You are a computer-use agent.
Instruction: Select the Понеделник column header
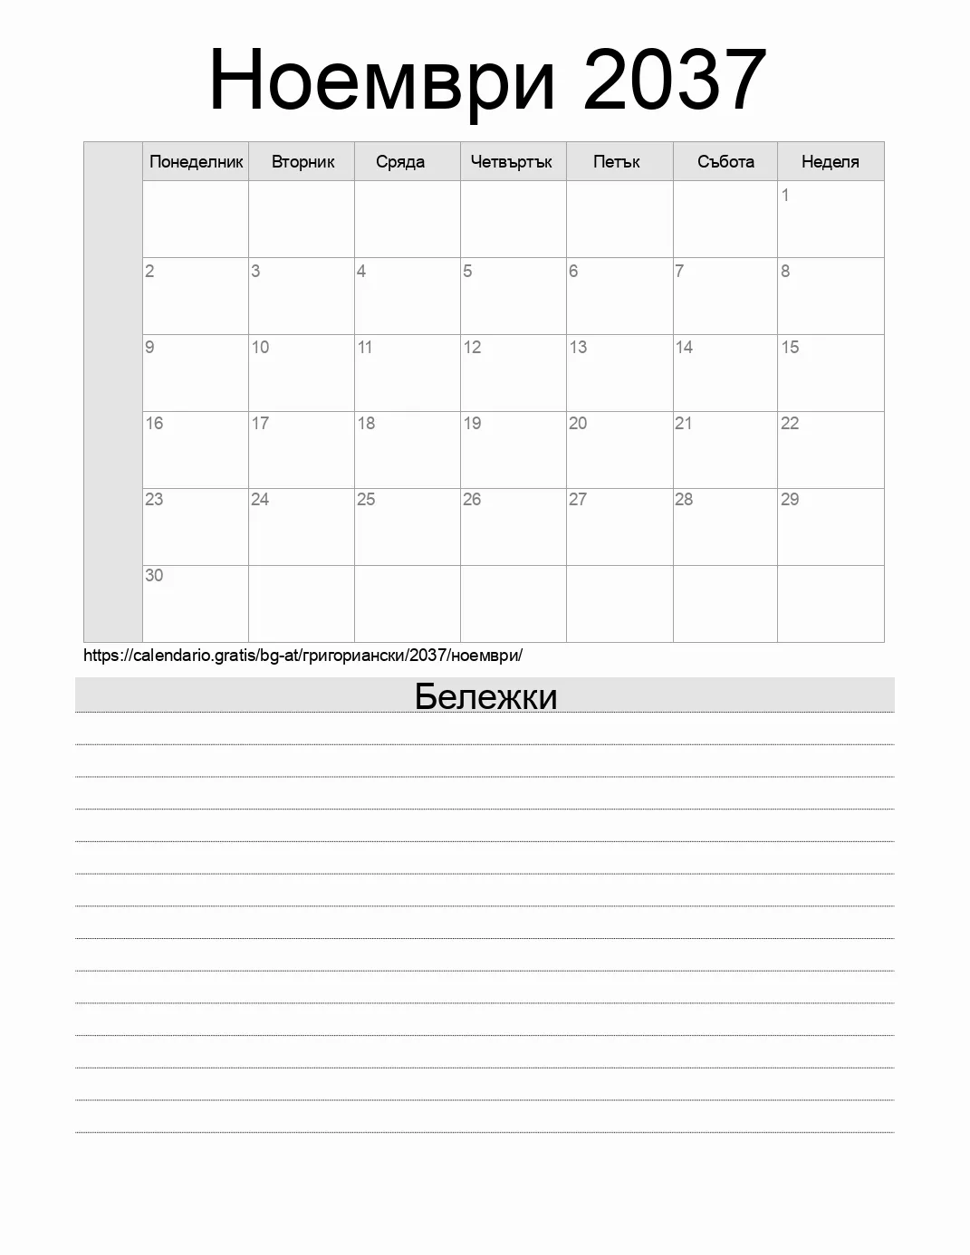coord(197,162)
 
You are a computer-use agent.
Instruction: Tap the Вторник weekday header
coord(303,162)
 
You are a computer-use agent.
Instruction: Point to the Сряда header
coord(400,162)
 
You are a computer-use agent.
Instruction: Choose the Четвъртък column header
coord(512,162)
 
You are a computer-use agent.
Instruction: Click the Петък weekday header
coord(617,162)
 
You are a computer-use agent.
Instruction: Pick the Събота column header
coord(725,162)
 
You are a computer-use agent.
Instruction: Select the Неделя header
coord(830,162)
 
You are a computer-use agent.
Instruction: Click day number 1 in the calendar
coord(785,195)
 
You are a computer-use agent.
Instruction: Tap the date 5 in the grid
coord(467,271)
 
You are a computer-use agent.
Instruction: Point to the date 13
coord(578,347)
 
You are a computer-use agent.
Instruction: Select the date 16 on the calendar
coord(154,423)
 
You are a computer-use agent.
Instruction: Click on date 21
coord(684,423)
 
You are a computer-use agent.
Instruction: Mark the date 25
coord(366,499)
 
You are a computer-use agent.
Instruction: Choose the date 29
coord(790,499)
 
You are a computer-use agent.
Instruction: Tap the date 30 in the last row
coord(154,575)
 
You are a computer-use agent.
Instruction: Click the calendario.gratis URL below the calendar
coord(303,655)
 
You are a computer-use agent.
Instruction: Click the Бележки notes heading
coord(485,696)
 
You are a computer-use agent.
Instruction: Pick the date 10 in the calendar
coord(260,347)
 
